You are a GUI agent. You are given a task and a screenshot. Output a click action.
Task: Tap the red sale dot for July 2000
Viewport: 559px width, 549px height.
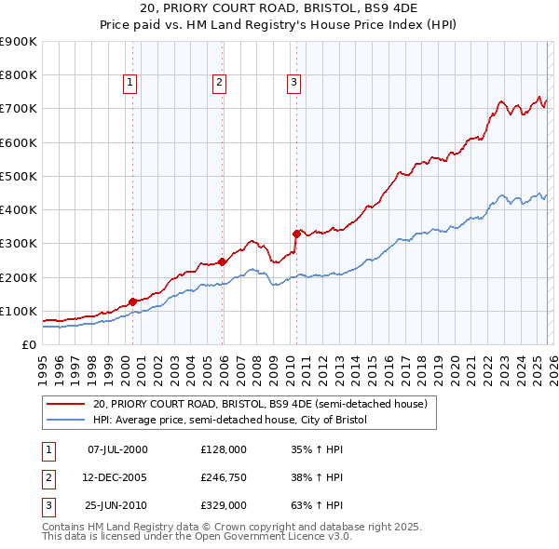tap(132, 301)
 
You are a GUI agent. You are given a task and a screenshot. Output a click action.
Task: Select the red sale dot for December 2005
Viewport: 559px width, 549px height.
tap(222, 261)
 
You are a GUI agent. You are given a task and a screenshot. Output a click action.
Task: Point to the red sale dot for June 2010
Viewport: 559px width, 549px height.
tap(296, 234)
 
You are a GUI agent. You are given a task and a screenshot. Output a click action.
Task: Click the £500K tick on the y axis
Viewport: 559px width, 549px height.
tap(19, 176)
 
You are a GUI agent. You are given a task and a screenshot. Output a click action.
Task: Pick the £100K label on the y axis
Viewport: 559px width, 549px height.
tap(19, 311)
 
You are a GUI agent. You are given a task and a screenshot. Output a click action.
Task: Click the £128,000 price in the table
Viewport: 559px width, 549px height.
tap(223, 449)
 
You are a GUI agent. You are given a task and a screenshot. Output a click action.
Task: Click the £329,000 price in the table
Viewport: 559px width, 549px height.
tap(223, 505)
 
